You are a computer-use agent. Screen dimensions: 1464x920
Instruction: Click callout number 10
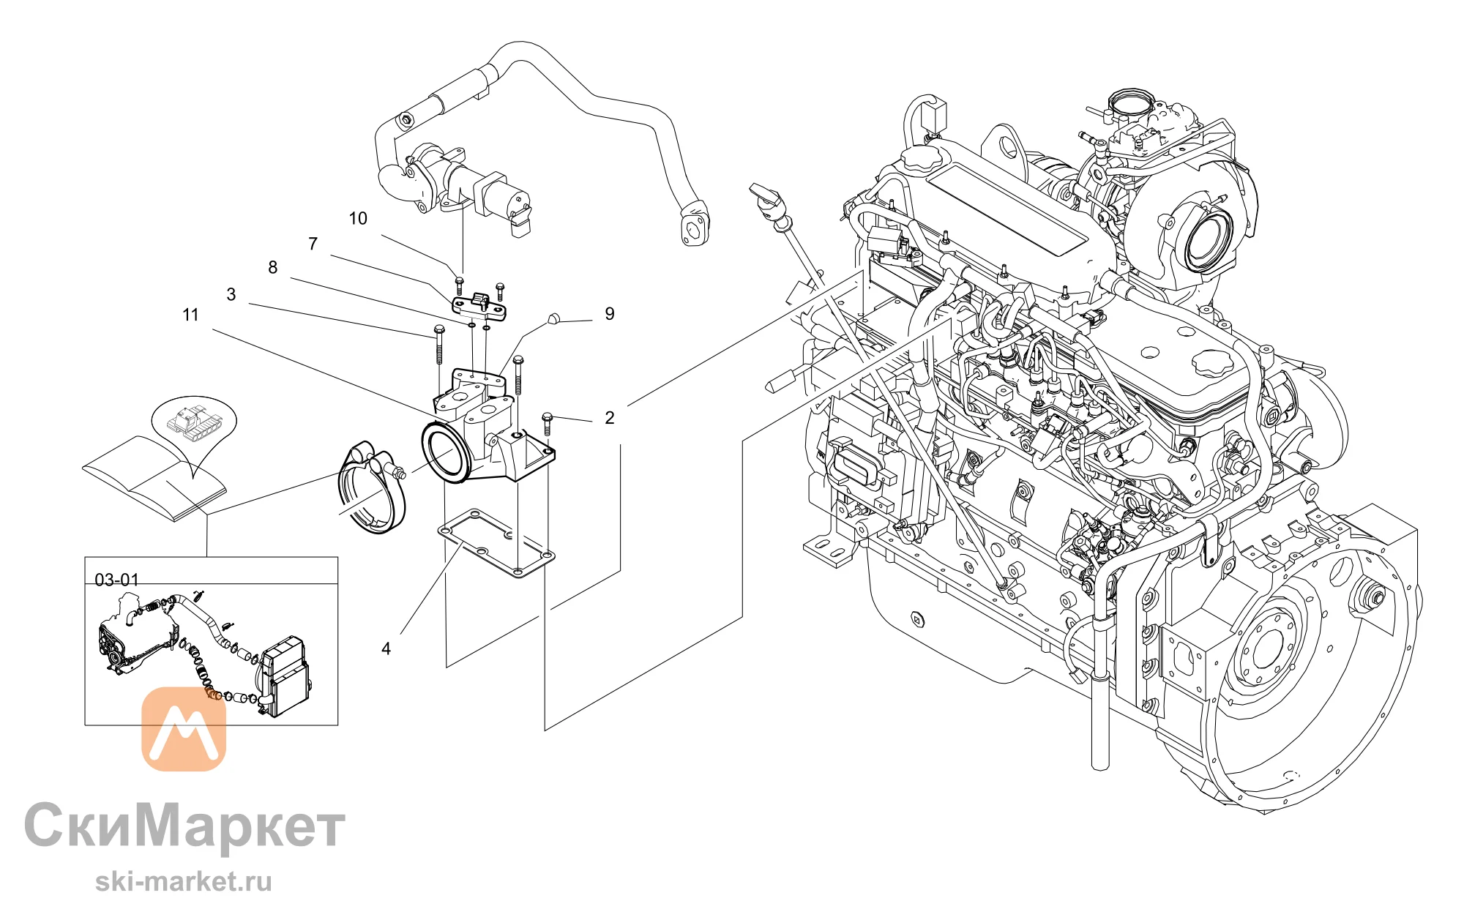[x=358, y=218]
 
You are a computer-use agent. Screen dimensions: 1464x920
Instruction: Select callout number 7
[x=313, y=244]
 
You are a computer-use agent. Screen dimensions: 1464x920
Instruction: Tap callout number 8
[x=273, y=267]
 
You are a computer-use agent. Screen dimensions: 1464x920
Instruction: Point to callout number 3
[x=231, y=294]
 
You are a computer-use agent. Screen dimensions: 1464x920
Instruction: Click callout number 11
[x=190, y=315]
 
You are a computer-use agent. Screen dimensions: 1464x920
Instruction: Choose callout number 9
[x=610, y=314]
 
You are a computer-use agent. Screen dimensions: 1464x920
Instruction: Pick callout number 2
[x=610, y=418]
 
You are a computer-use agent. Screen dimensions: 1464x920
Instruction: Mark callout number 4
[x=386, y=648]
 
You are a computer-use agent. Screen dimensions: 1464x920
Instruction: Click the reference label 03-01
[x=117, y=580]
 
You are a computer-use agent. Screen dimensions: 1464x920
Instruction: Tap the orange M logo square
[x=184, y=729]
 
